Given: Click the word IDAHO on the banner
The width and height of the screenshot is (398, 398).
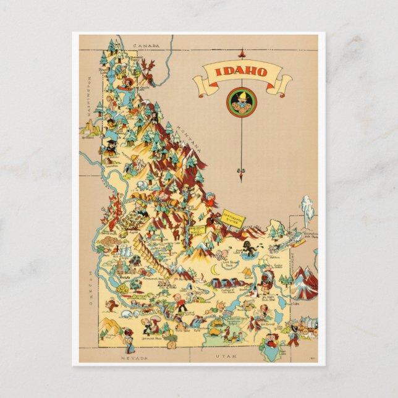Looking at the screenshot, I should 241,72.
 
